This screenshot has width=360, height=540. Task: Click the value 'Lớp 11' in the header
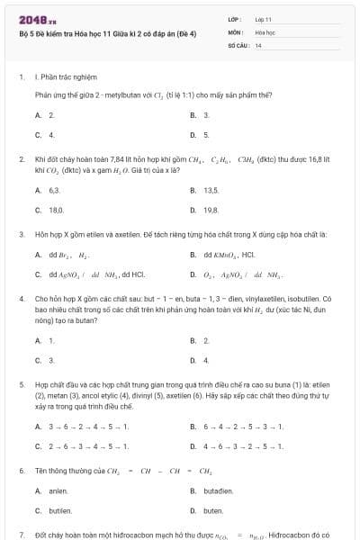click(264, 19)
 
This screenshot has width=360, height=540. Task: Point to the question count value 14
click(258, 44)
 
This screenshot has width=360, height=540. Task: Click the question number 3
click(21, 234)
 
